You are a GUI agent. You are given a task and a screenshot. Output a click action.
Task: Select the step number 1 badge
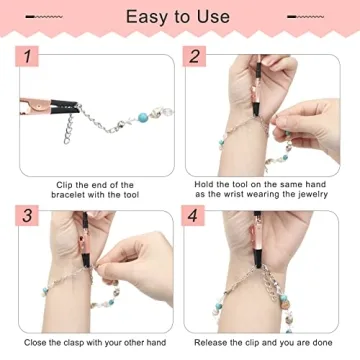[x=29, y=60]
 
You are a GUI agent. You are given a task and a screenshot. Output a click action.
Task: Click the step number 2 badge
[x=195, y=60]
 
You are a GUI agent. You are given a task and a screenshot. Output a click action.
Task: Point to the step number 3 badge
[x=29, y=215]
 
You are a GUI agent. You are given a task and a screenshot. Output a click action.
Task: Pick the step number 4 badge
[x=195, y=215]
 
